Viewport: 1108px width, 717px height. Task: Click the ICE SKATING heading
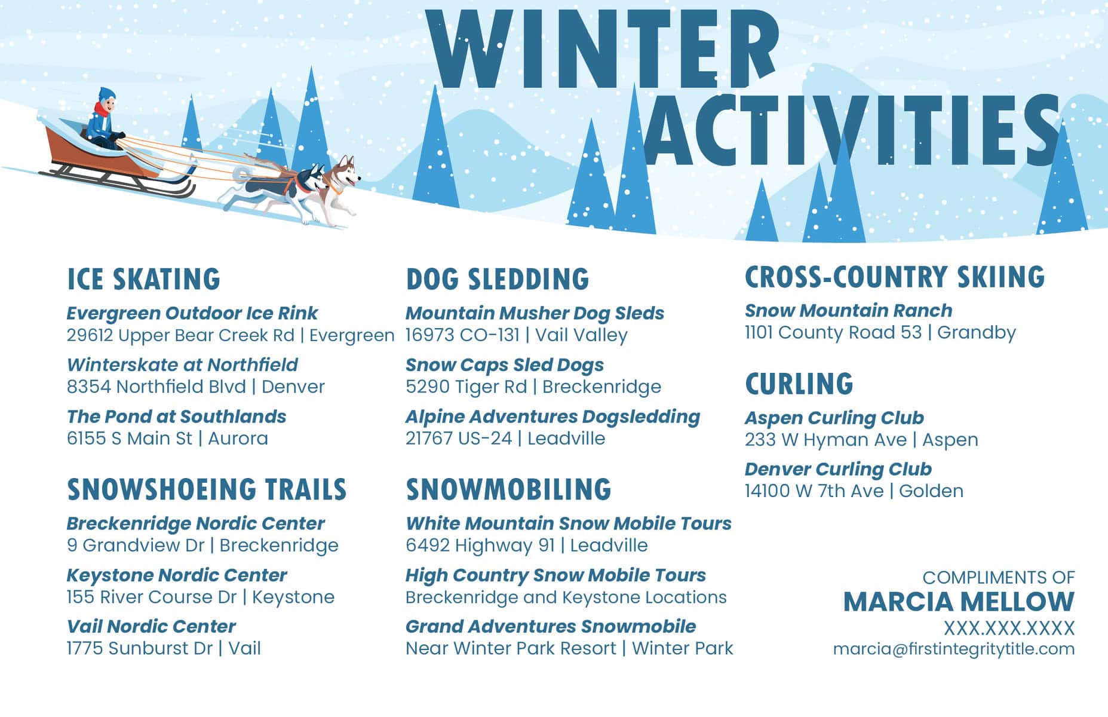143,279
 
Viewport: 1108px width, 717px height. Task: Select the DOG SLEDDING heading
498,279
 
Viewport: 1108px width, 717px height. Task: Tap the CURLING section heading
799,384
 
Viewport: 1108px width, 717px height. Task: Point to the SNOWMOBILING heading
509,489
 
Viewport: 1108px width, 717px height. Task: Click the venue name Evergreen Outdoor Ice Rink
192,313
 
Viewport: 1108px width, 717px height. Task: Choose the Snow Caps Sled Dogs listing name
505,364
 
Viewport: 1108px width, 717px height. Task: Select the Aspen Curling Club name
834,418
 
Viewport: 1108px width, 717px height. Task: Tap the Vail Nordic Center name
151,626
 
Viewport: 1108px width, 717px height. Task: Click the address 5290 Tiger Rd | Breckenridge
533,387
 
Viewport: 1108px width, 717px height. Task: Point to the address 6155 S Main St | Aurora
167,438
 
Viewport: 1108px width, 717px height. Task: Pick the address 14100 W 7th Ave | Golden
854,491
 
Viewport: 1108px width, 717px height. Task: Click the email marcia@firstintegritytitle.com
954,649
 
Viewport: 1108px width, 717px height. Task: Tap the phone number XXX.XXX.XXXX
1009,628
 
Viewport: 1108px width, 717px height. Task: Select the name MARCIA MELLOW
959,602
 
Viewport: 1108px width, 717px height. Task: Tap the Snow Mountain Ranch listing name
849,311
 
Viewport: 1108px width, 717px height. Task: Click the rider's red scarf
102,110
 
